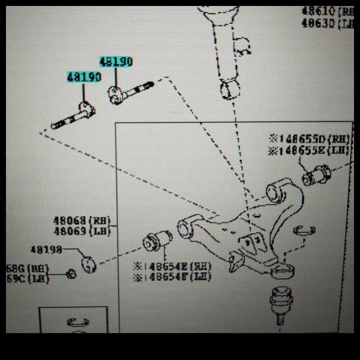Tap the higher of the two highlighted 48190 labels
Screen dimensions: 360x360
pyautogui.click(x=116, y=62)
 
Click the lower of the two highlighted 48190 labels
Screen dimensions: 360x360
pyautogui.click(x=84, y=78)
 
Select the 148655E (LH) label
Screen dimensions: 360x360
pyautogui.click(x=309, y=150)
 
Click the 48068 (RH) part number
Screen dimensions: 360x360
pyautogui.click(x=82, y=220)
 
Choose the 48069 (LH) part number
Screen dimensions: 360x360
pyautogui.click(x=82, y=231)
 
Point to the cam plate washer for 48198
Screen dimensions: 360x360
pyautogui.click(x=88, y=263)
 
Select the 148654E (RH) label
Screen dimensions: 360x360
pyautogui.click(x=172, y=266)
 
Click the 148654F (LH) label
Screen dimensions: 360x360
pyautogui.click(x=172, y=277)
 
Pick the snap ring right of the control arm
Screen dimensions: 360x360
pyautogui.click(x=304, y=230)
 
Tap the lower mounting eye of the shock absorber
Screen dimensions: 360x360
pyautogui.click(x=230, y=90)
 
